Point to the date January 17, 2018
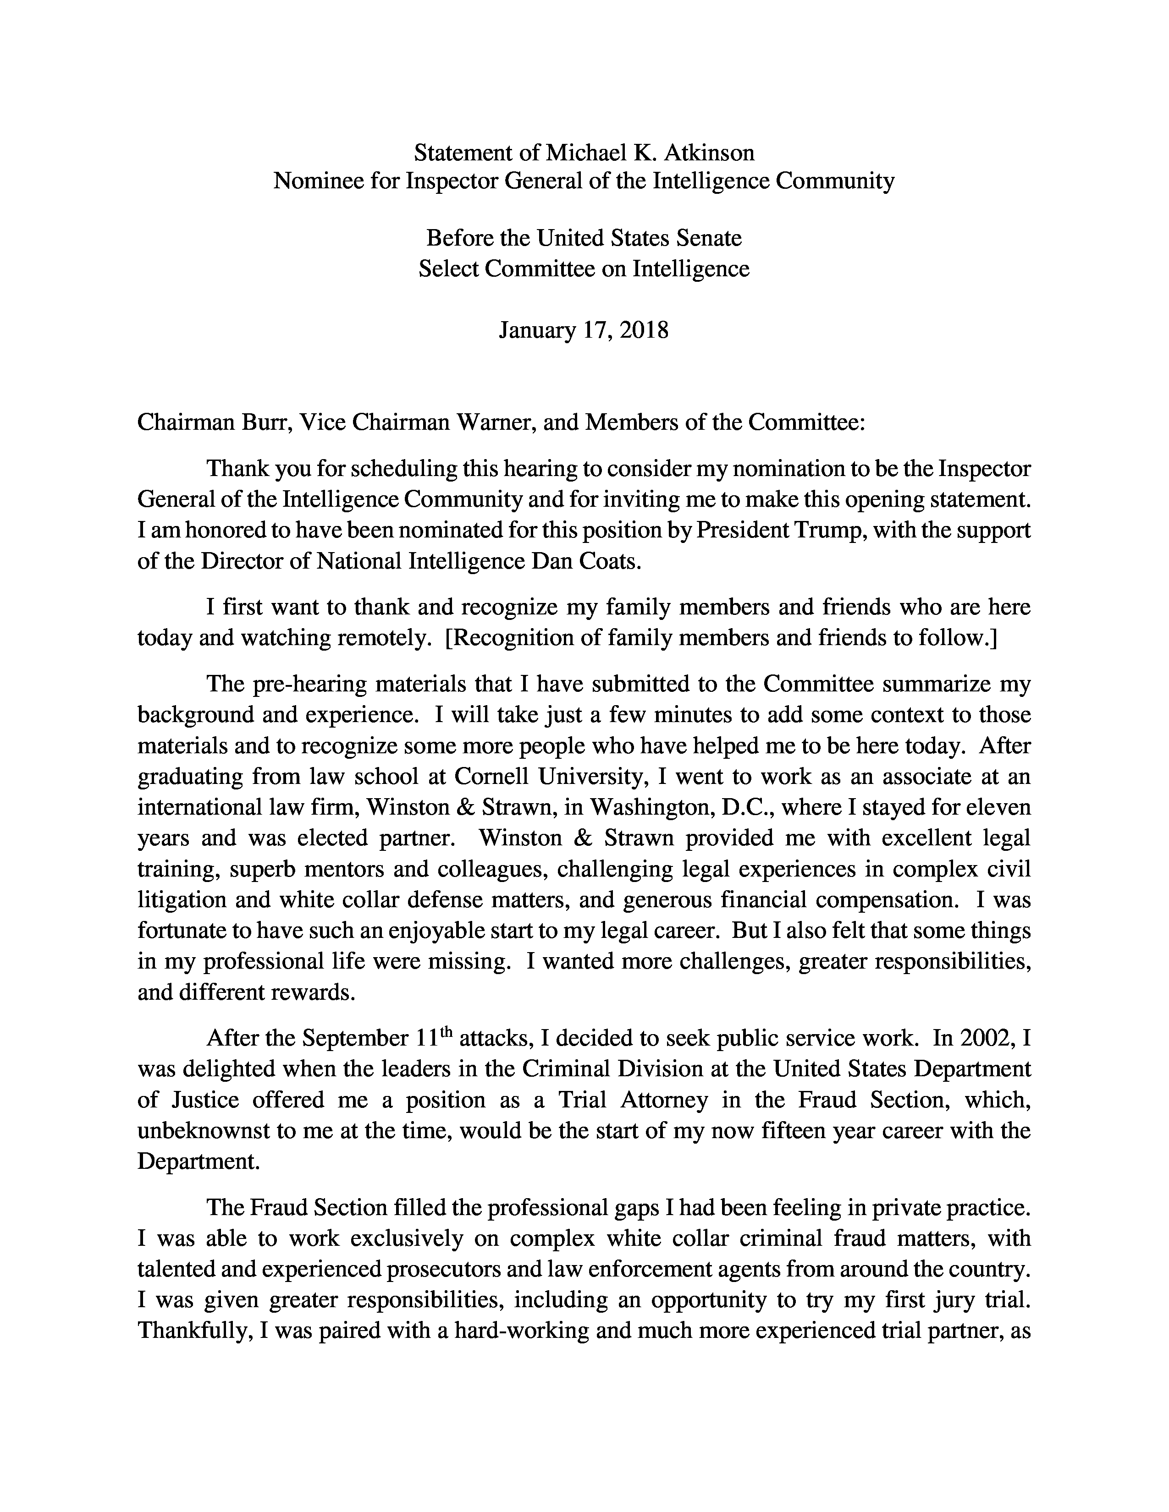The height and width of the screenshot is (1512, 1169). tap(584, 330)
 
